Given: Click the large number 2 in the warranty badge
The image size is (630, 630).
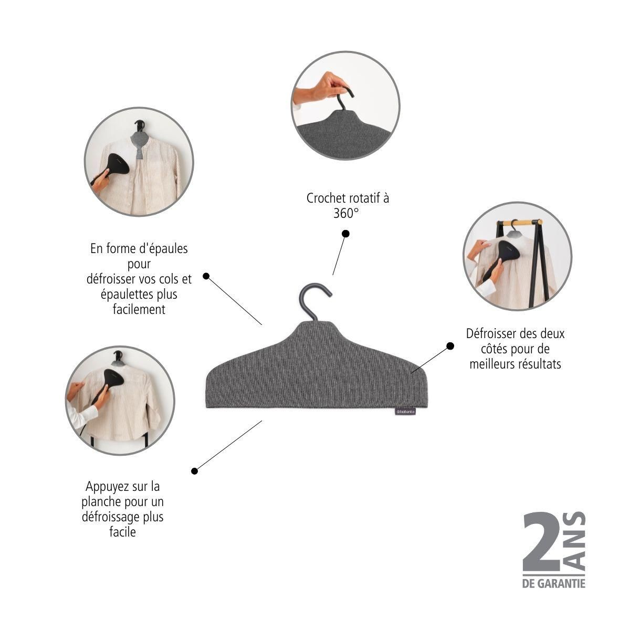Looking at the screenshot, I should click(544, 547).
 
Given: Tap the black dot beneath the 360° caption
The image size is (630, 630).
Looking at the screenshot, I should click(345, 234).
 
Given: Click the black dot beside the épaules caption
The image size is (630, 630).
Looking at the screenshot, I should click(206, 276).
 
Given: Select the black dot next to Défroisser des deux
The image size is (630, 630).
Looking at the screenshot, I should click(450, 345).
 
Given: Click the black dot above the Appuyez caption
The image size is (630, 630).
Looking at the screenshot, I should click(195, 471).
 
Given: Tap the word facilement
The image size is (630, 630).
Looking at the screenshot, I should click(139, 309).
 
